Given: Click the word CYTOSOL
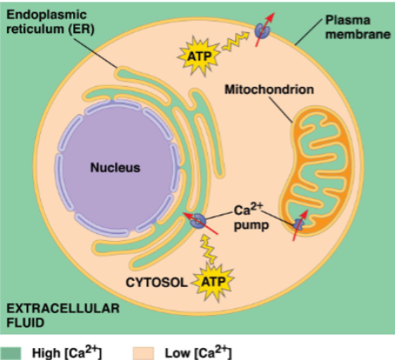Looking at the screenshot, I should click(156, 279).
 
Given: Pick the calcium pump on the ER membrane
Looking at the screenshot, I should click(197, 221).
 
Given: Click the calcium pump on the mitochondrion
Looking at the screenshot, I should click(299, 224).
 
